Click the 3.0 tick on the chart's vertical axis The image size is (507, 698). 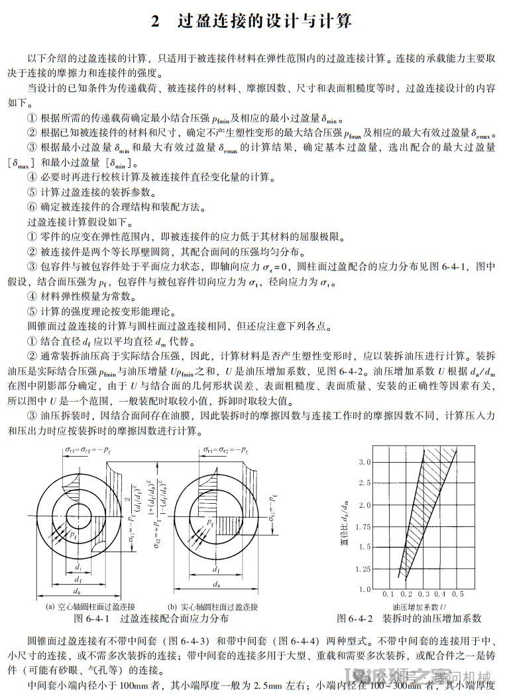click(x=364, y=461)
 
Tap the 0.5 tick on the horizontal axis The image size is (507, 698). click(x=458, y=595)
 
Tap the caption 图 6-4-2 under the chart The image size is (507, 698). click(x=358, y=618)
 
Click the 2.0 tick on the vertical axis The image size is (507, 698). click(x=364, y=505)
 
